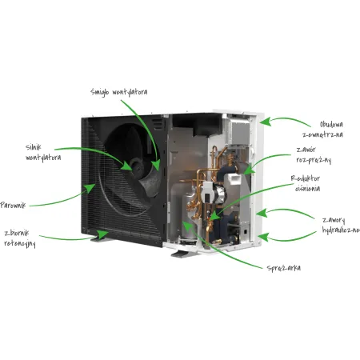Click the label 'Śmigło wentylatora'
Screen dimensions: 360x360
[x=118, y=92]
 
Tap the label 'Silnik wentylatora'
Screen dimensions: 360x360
[x=43, y=152]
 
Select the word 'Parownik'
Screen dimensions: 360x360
[x=13, y=205]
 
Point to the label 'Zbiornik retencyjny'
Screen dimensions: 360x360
[x=20, y=238]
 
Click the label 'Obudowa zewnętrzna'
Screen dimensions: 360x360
[x=323, y=130]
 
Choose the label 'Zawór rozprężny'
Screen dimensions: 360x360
[x=314, y=155]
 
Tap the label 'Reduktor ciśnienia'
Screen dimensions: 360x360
[x=306, y=183]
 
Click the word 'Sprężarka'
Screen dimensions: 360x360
[x=284, y=268]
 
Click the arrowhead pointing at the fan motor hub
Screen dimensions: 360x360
[x=127, y=166]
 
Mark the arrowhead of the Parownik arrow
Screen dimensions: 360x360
[x=90, y=188]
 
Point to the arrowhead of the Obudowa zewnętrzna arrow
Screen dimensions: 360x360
[x=266, y=122]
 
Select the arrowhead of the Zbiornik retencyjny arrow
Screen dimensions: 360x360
[x=102, y=234]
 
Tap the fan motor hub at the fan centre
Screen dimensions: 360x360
[x=137, y=167]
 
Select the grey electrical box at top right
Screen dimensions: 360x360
[x=238, y=133]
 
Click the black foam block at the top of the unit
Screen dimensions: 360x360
[x=198, y=124]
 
